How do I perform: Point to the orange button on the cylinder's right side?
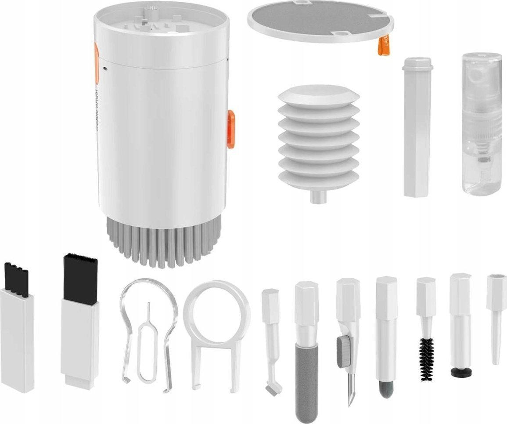pyautogui.click(x=231, y=129)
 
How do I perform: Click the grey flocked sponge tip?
pyautogui.click(x=306, y=382)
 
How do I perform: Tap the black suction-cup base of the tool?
pyautogui.click(x=461, y=372)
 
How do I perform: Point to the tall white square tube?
pyautogui.click(x=417, y=127)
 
